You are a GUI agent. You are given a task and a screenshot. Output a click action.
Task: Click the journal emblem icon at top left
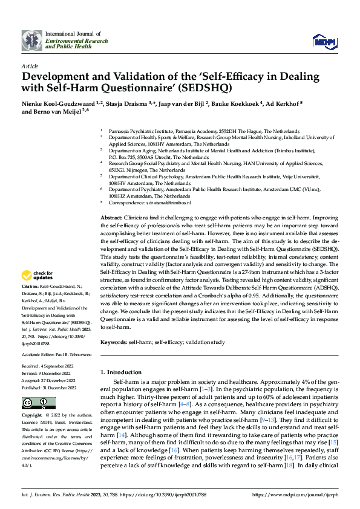tap(32, 40)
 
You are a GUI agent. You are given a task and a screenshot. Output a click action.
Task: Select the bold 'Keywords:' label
tap(114, 342)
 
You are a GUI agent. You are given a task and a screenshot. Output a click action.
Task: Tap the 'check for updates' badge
tap(37, 276)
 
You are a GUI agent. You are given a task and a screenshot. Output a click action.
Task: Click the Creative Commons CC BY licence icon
tap(39, 403)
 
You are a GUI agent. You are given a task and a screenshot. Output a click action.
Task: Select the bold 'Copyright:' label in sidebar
tap(32, 416)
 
